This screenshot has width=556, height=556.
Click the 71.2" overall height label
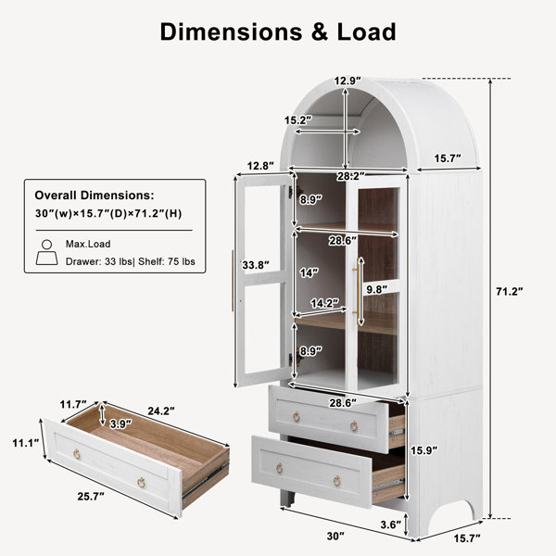coord(509,292)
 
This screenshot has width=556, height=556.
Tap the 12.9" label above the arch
coord(347,82)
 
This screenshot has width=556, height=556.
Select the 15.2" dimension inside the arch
coord(298,120)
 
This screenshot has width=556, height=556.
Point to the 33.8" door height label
coord(256,265)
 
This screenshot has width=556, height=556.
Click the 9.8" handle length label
coord(377,289)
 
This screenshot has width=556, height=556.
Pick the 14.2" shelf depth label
coord(325,303)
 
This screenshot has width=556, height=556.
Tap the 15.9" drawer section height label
coord(424,450)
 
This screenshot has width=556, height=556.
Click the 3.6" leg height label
coord(391,524)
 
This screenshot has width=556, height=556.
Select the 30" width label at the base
coord(335,537)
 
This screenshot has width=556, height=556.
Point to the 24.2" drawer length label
coord(161,411)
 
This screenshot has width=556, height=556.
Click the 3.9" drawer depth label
coord(120,423)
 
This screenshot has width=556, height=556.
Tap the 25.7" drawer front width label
coord(91,497)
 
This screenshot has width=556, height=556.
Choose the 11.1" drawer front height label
coord(26,443)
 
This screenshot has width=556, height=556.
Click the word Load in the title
coord(366,32)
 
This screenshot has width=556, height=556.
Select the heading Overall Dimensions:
coord(95,195)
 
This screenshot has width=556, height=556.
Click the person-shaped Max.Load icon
coord(47,252)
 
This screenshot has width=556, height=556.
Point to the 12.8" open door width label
coord(260,166)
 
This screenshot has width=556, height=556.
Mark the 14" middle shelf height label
coord(309,272)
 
